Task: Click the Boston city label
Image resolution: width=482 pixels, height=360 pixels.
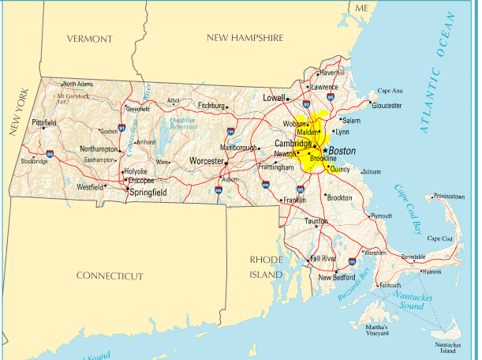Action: click(x=342, y=150)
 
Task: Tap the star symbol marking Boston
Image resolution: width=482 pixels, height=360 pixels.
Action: click(x=324, y=149)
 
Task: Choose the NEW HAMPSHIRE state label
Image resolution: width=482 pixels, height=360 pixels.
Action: click(x=245, y=37)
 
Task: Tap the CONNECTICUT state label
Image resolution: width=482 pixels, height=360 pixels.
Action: click(x=110, y=276)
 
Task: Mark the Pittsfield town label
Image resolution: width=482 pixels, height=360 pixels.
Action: click(x=44, y=122)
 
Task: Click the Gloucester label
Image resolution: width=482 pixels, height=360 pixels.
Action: click(x=387, y=105)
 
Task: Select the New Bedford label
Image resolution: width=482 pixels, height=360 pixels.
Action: click(x=337, y=277)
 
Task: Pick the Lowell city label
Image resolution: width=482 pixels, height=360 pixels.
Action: click(x=274, y=98)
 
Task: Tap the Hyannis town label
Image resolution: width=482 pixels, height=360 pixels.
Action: click(x=432, y=272)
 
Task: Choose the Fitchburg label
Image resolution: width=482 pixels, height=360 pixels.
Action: click(x=211, y=104)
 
